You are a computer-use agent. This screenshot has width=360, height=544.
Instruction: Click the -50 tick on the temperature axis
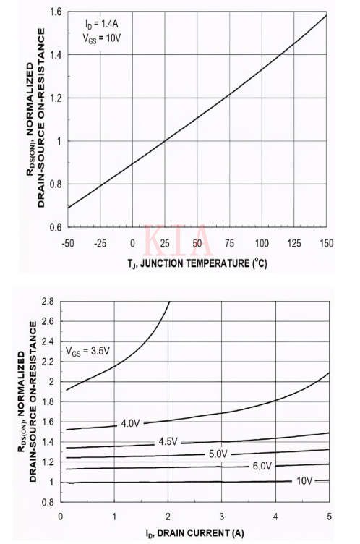[x=69, y=242]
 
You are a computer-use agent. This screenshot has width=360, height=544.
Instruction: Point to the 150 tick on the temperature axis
[x=326, y=242]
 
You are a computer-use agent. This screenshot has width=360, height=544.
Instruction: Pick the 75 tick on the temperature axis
[x=229, y=242]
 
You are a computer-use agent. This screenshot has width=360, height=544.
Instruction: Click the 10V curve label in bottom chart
[x=304, y=480]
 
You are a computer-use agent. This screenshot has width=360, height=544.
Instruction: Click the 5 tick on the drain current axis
[x=329, y=517]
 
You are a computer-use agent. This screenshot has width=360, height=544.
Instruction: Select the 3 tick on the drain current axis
[x=221, y=517]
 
